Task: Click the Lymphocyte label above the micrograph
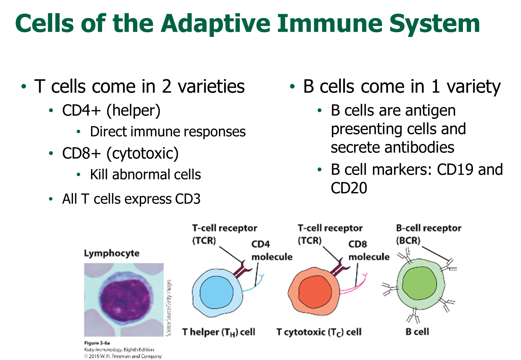(112, 253)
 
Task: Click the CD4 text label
(260, 244)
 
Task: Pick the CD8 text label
(357, 244)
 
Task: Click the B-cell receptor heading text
(428, 228)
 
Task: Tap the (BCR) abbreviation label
(408, 240)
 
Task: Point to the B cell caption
(417, 332)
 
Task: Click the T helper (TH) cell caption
(219, 332)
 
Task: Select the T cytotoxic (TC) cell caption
(319, 332)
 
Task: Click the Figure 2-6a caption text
(97, 343)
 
